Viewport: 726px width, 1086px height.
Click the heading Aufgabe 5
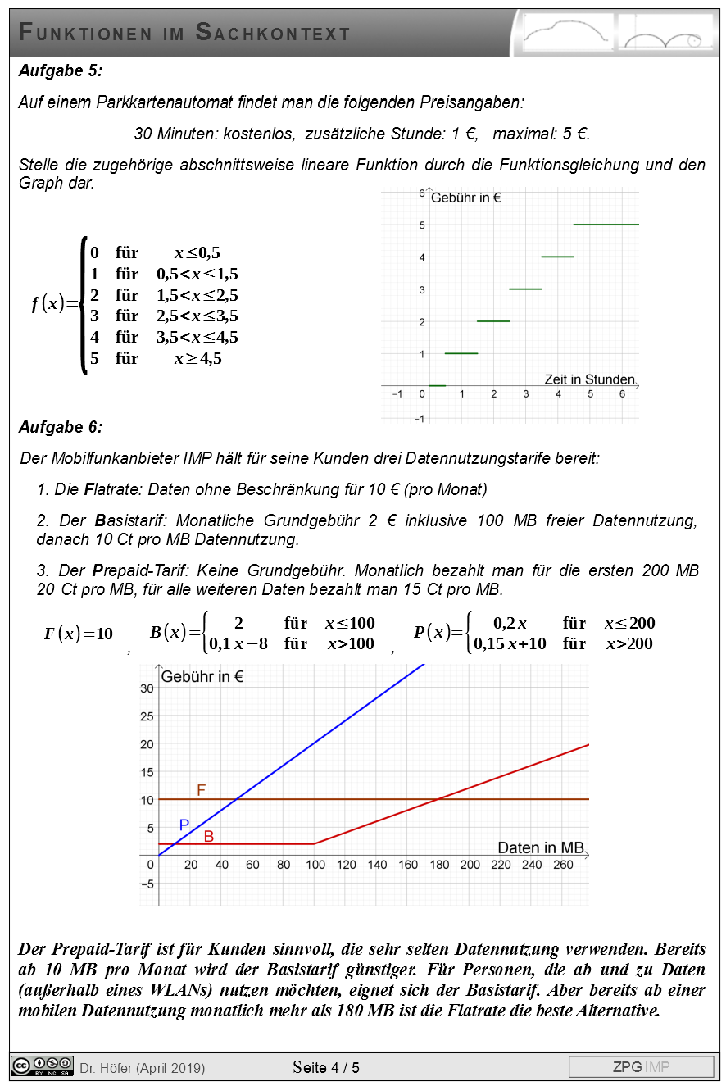(61, 70)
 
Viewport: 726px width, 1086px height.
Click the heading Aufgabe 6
(61, 427)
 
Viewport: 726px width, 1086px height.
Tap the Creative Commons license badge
(42, 1066)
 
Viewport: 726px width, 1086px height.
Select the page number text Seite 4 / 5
(325, 1067)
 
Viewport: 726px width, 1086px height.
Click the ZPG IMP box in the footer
(641, 1066)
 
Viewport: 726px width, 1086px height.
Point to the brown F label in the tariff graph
(201, 790)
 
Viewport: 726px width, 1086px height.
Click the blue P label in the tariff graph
(184, 825)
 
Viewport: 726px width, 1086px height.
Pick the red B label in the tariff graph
(209, 837)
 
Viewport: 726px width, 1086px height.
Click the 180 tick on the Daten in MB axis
(438, 865)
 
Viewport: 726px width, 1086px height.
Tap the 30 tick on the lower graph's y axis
(147, 688)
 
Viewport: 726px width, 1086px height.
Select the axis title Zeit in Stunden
(589, 379)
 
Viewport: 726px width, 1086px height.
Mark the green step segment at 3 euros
(525, 289)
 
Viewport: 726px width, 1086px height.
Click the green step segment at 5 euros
(606, 224)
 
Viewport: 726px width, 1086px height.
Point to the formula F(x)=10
(79, 634)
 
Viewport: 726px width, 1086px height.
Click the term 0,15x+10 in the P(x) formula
(510, 643)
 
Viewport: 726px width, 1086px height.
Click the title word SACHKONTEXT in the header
(273, 34)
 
